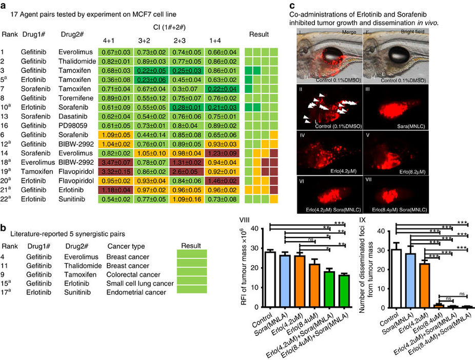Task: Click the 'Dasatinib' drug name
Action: [72, 117]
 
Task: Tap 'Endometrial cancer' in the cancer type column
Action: [133, 292]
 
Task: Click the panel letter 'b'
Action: [4, 229]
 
